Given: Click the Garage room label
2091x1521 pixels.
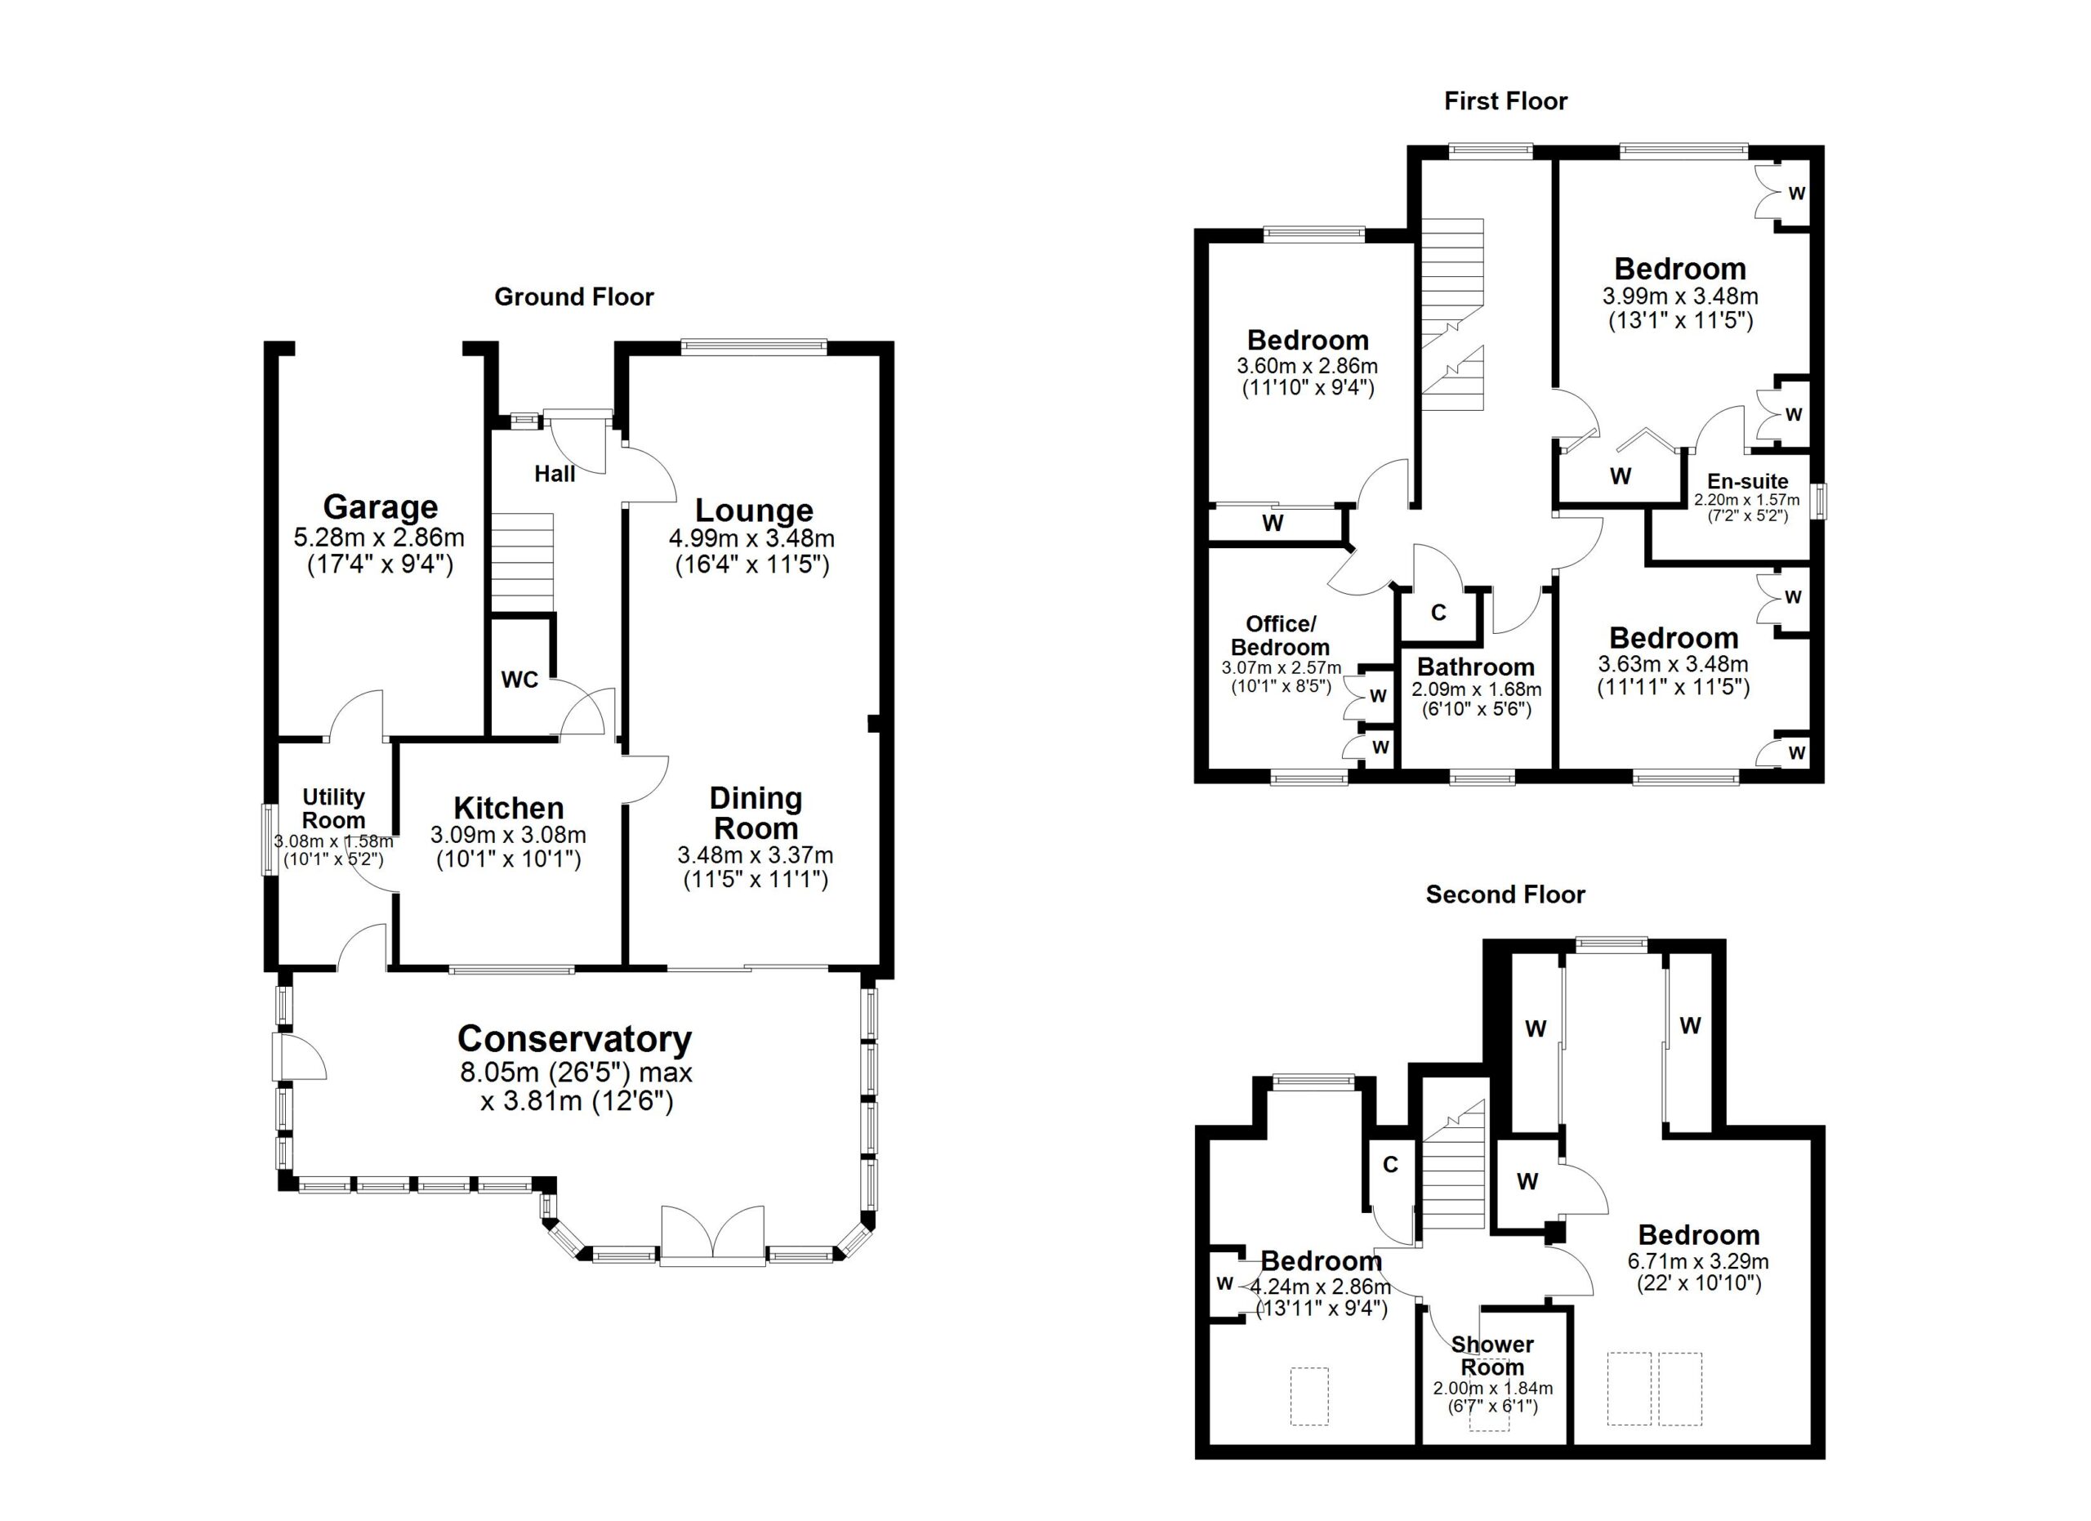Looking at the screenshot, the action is point(380,507).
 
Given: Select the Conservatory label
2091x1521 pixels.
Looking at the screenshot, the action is point(574,1039).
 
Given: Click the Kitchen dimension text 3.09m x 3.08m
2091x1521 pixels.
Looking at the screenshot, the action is point(508,835).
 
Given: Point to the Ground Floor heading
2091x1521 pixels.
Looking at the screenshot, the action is point(574,297).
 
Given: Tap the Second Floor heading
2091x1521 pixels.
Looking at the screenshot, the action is point(1505,894).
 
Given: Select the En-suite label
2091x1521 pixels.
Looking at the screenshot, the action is point(1747,481).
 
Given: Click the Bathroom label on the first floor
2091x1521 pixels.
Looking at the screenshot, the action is point(1476,667).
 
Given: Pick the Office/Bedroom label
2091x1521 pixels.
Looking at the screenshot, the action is point(1281,636).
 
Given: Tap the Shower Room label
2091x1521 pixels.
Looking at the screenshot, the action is point(1492,1356).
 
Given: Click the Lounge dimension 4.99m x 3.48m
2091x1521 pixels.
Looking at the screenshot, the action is point(753,538).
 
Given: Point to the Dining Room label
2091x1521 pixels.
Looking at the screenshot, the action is point(756,813).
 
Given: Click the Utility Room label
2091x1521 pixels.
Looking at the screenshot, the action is point(334,809).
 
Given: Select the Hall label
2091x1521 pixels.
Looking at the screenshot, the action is point(555,474).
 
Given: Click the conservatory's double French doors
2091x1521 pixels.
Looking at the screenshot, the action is point(713,1234).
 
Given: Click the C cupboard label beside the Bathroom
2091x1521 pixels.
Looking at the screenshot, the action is point(1438,612).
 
